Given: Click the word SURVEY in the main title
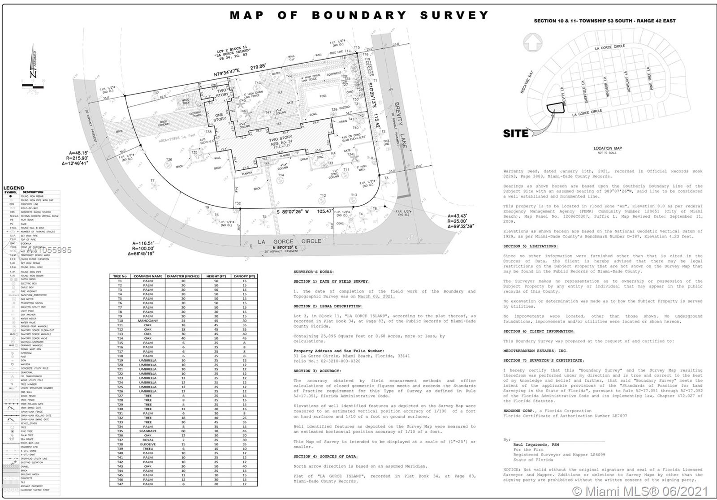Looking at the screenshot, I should (454, 15).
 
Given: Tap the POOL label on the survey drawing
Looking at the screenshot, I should (323, 96).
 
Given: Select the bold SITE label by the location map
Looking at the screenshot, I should (516, 133).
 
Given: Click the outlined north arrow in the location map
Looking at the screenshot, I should (532, 43).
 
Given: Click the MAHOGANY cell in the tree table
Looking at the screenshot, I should (148, 321).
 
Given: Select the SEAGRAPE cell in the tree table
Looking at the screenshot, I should (148, 431).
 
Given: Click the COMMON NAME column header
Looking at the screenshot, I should (148, 276).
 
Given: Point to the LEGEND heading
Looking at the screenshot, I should (14, 188).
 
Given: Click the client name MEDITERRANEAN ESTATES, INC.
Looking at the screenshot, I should (535, 351).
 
